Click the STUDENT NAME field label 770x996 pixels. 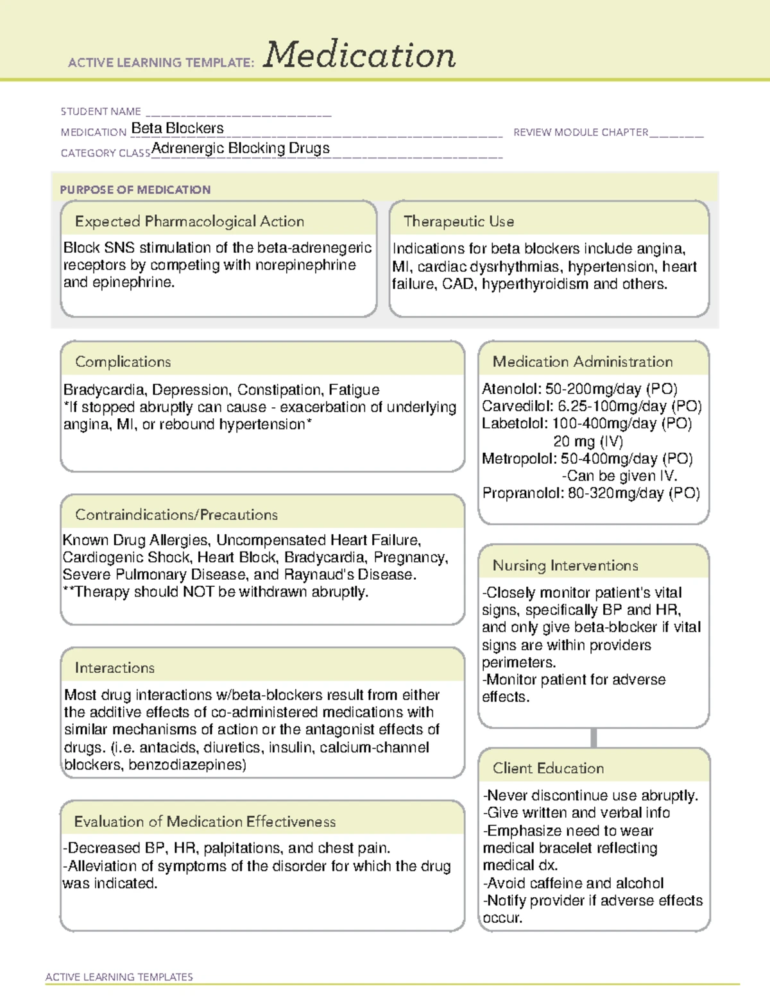101,112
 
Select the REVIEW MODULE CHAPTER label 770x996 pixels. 581,132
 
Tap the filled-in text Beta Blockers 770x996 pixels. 178,128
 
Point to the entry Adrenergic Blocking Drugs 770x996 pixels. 241,148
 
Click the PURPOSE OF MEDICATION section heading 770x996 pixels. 135,190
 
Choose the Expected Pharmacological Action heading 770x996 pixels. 189,221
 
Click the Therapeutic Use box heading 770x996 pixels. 459,221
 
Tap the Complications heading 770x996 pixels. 123,362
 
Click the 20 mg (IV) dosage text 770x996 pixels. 588,441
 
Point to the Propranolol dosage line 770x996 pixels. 591,493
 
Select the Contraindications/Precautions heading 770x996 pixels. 176,515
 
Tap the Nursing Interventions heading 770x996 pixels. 565,566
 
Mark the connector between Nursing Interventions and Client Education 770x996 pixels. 594,738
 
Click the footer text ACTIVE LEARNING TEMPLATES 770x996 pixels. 119,977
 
